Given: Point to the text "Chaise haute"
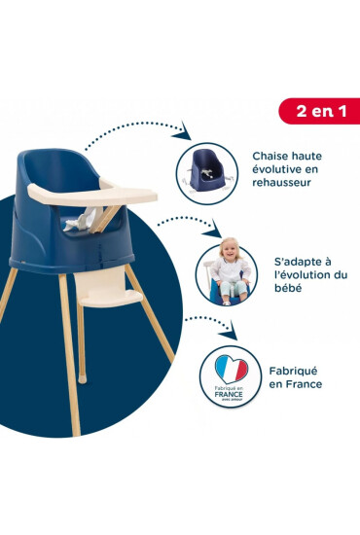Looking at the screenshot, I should coord(287,156).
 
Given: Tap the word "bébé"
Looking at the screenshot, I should coord(288,288).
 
